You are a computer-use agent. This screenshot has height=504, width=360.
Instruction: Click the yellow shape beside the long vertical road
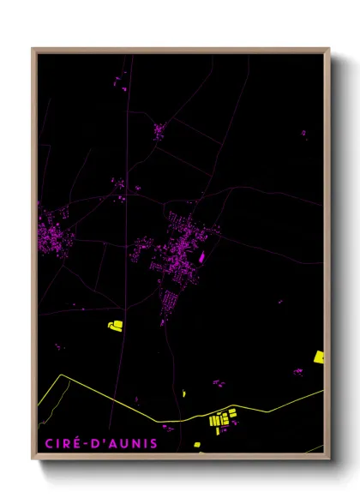pyautogui.click(x=115, y=325)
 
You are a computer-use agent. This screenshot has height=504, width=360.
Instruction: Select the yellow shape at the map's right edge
pyautogui.click(x=319, y=357)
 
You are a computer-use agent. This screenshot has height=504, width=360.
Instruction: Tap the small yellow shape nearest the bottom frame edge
pyautogui.click(x=197, y=444)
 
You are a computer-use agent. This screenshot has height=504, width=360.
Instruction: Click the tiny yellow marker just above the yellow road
pyautogui.click(x=183, y=393)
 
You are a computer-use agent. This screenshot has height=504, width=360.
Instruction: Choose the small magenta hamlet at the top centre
pyautogui.click(x=159, y=130)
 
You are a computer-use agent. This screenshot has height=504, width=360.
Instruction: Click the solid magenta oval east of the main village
pyautogui.click(x=202, y=255)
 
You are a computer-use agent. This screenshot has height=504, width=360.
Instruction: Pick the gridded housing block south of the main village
pyautogui.click(x=170, y=301)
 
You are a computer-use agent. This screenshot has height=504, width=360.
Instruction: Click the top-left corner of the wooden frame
pyautogui.click(x=33, y=49)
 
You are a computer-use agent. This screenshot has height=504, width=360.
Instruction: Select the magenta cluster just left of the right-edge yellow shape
pyautogui.click(x=298, y=371)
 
